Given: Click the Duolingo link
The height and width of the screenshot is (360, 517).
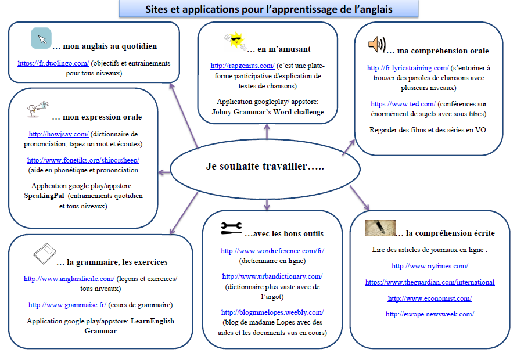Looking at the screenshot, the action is click(x=53, y=63).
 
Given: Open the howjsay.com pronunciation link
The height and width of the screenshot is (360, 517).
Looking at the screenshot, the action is click(x=58, y=134).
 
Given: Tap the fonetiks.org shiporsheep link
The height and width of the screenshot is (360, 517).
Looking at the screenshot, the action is click(x=83, y=160).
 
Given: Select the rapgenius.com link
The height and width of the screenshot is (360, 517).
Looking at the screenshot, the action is click(x=242, y=66).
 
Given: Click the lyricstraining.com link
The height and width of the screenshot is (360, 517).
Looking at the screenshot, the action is click(x=408, y=68).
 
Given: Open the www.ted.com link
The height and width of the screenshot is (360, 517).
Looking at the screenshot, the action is click(x=403, y=104).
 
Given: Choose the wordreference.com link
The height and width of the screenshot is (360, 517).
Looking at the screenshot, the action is click(x=272, y=251).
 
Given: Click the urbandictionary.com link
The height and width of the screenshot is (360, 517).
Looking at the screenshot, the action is click(x=272, y=276).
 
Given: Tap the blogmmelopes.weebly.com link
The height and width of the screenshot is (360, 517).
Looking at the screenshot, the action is click(x=272, y=312).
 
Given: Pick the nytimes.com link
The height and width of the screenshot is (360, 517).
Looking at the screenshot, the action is click(x=430, y=266).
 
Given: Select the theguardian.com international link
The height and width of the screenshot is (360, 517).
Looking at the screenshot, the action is click(x=430, y=282).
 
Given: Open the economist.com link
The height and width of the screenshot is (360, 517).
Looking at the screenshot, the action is click(x=430, y=298).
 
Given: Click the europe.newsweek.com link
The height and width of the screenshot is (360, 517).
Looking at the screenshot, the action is click(x=430, y=314).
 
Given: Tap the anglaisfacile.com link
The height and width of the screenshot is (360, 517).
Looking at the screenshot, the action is click(x=69, y=279).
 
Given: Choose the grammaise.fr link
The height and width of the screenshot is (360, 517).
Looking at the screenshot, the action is click(x=67, y=305).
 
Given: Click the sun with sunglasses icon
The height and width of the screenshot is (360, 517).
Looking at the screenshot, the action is click(x=235, y=41).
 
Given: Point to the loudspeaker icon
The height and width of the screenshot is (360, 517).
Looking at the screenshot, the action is click(x=376, y=45).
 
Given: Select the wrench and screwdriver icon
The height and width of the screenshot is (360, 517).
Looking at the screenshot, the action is click(x=231, y=228).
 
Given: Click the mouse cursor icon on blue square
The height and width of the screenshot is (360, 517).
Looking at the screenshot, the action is click(x=41, y=39).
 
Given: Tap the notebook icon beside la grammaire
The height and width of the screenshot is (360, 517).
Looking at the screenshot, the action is click(x=45, y=254).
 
